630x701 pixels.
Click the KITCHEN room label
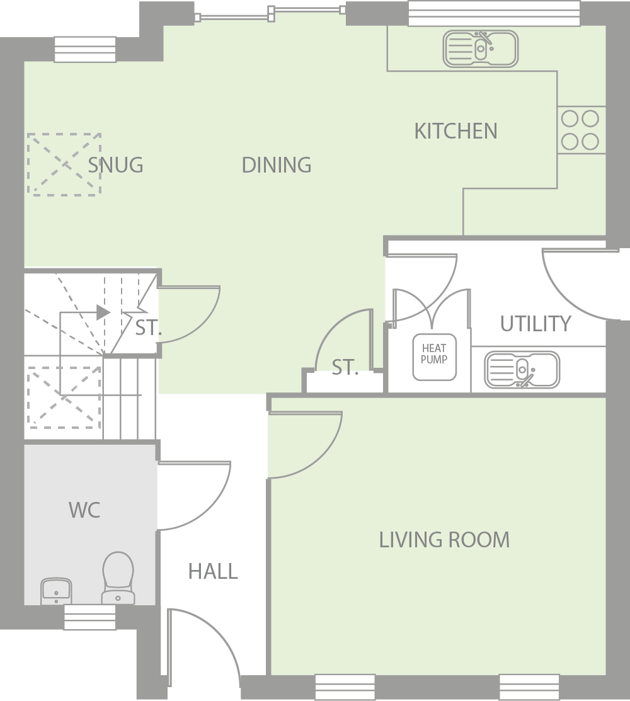[455, 131]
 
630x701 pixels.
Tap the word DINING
[277, 165]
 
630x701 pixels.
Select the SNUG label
[115, 165]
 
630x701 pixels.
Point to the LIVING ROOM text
[444, 540]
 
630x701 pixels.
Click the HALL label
[213, 571]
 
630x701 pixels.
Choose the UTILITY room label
[535, 324]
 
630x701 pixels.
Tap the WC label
[84, 510]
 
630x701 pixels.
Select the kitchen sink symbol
[481, 49]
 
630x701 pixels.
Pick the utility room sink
[522, 370]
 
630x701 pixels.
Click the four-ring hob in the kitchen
[581, 130]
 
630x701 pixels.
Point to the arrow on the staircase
[102, 312]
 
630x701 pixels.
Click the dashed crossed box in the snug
[64, 164]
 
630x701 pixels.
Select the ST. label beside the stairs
[149, 328]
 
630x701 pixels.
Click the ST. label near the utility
[345, 368]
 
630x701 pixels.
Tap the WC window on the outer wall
[89, 617]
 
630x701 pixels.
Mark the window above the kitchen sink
[493, 13]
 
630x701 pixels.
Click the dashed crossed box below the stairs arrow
[64, 398]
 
